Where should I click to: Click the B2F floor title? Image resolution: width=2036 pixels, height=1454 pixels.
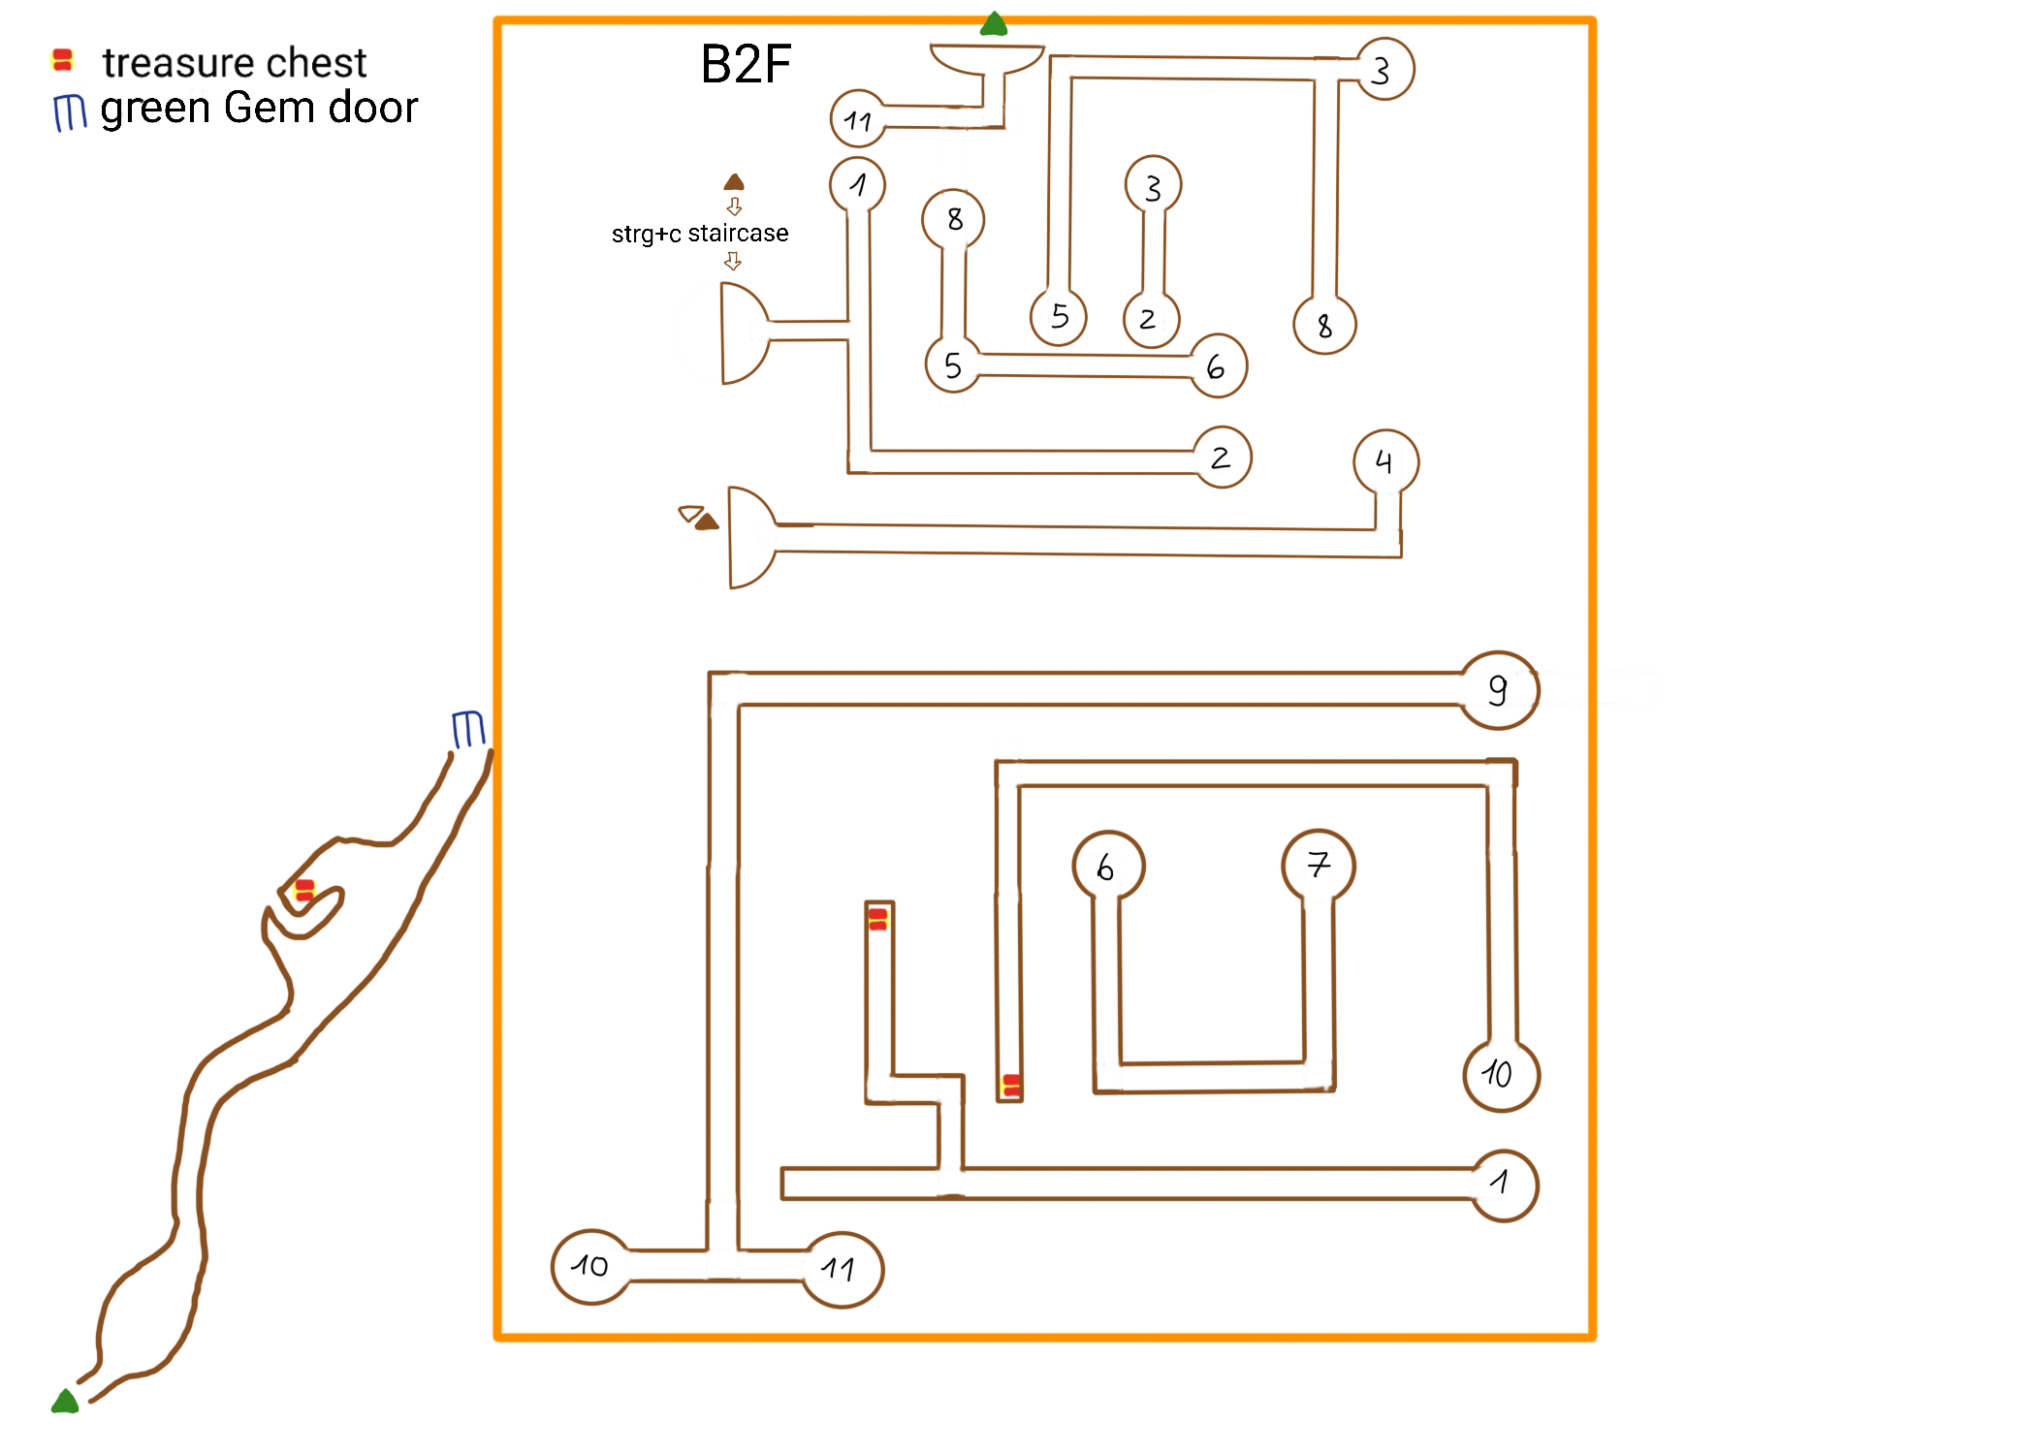746,65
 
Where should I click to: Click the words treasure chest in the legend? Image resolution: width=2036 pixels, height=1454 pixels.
235,63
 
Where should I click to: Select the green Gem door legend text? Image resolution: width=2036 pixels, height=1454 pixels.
259,108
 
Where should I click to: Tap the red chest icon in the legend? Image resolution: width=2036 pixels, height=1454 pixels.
62,60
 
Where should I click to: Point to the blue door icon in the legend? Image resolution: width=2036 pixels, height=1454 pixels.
69,112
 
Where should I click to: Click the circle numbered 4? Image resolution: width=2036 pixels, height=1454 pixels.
1385,462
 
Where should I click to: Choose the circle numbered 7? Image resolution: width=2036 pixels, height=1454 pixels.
1318,865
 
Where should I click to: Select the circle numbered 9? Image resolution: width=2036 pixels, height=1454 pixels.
1499,690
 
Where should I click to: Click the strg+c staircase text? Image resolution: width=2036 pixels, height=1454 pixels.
700,234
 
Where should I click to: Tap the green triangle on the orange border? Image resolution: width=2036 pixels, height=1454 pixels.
994,24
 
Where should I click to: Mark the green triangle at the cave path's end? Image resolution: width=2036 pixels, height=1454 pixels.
65,1402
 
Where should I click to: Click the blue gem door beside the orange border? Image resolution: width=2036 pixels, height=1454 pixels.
468,729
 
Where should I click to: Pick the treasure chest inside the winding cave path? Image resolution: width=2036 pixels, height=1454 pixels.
304,890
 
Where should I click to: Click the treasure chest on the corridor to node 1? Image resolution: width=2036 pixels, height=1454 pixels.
878,919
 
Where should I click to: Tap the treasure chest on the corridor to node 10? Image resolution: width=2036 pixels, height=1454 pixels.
1011,1086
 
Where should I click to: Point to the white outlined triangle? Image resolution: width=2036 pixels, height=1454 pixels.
690,513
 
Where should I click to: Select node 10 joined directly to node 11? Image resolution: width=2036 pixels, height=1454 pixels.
590,1267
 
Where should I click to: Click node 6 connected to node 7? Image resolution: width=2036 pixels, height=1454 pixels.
1108,867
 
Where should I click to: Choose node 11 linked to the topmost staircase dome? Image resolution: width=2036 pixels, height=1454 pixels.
858,119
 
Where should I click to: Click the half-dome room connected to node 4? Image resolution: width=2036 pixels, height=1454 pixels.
749,538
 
